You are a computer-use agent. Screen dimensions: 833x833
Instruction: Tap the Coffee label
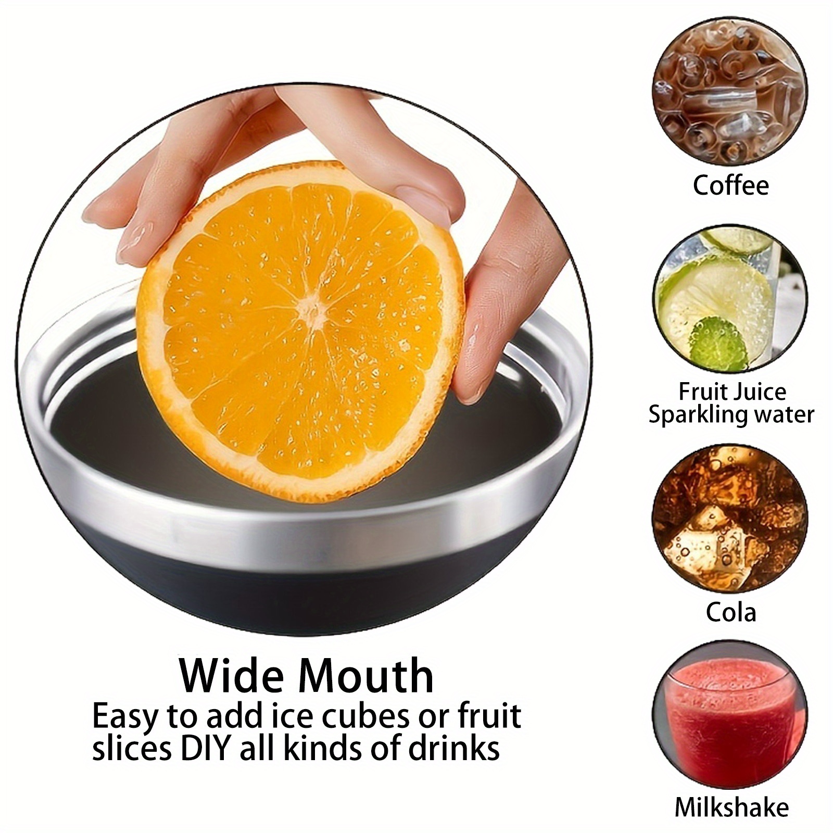click(x=730, y=185)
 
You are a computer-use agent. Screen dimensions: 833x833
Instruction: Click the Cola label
click(x=730, y=612)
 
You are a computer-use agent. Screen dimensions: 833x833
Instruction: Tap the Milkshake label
click(x=731, y=807)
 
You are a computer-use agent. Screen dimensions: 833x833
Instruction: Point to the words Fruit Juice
click(x=732, y=392)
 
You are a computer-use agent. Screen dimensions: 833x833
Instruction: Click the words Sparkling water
click(x=731, y=415)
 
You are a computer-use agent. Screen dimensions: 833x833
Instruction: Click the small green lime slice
click(x=719, y=343)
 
